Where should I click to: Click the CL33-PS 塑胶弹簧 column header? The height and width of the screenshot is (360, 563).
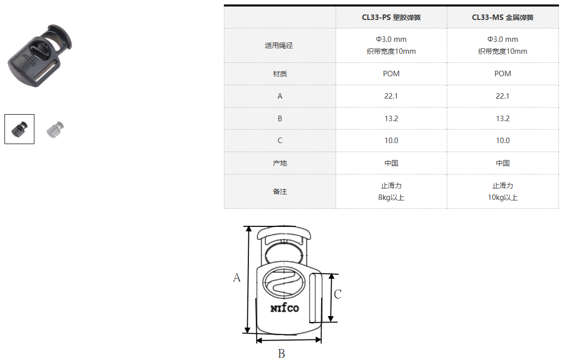pos(391,17)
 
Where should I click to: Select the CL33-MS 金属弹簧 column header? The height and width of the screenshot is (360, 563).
pos(502,17)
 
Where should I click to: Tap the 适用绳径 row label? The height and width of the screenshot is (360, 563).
pos(279,45)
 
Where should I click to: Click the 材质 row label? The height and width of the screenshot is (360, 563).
pos(280,74)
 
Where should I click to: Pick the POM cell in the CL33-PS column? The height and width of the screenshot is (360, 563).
pos(391,74)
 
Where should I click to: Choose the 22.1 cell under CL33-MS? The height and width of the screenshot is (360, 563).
pos(502,96)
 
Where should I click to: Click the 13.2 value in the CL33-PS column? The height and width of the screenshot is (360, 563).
pos(391,119)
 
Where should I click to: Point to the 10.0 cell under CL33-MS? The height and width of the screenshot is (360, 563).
pos(502,141)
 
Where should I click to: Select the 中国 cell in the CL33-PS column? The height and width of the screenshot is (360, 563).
pos(391,163)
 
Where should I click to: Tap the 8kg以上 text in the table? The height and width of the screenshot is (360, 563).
pos(391,197)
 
